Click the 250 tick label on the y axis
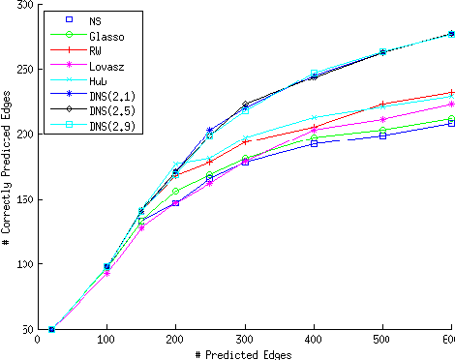coord(22,70)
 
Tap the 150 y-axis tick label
coord(22,199)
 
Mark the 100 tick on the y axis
coord(22,264)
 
